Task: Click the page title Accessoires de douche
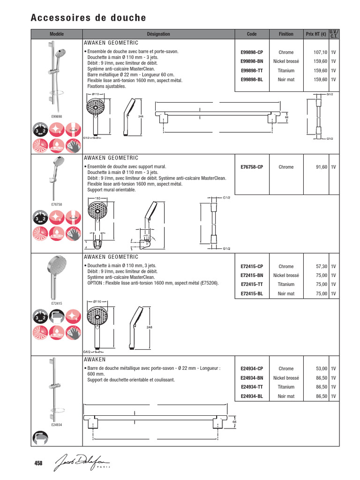coord(88,18)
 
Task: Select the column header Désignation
coord(158,34)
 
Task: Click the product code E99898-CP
coord(252,52)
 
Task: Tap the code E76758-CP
coord(252,167)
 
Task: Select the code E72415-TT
coord(252,285)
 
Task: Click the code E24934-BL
coord(252,397)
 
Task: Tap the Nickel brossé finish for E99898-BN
coord(286,61)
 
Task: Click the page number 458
coord(38,463)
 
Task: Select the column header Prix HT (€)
coord(315,34)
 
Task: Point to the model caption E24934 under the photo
coord(56,425)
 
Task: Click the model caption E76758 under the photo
coord(56,204)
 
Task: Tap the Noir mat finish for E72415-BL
coord(286,294)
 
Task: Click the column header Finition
coord(286,34)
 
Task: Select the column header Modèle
coord(56,34)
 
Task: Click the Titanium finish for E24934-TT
coord(286,387)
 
